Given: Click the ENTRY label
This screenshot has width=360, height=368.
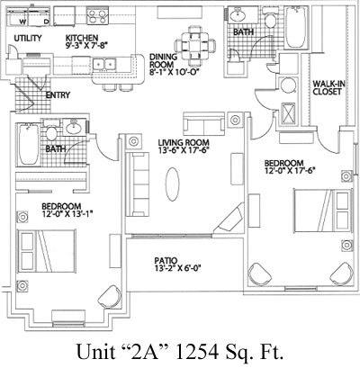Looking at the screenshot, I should (58, 94).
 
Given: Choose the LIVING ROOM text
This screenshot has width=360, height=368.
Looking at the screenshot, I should (181, 141).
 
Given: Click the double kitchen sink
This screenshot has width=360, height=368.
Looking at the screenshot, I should (111, 64).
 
